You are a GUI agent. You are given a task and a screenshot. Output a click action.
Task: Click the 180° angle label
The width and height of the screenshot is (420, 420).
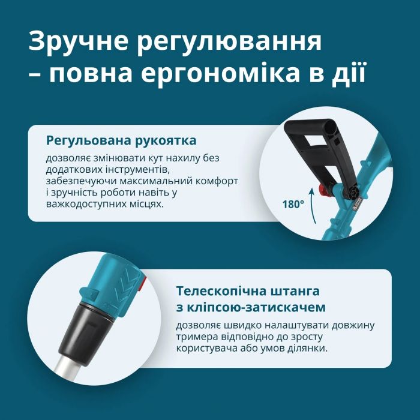pyautogui.click(x=293, y=203)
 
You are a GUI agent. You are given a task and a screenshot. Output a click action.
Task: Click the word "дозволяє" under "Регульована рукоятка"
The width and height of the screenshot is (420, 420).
pyautogui.click(x=67, y=158)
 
